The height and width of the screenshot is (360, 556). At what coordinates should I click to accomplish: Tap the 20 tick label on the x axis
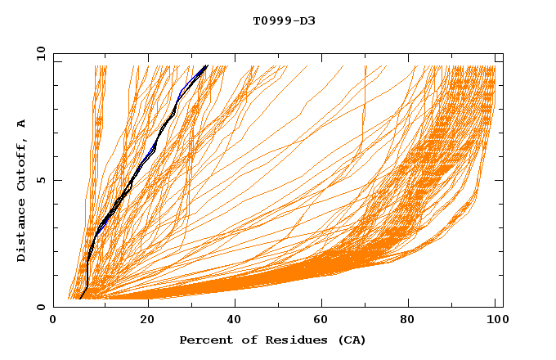(148, 321)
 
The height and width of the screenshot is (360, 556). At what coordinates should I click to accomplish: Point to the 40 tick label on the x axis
(236, 321)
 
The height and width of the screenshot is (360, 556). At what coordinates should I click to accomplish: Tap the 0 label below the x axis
(53, 321)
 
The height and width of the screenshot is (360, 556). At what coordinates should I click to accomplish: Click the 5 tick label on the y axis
(40, 180)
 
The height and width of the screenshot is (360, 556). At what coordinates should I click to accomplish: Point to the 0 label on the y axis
(40, 308)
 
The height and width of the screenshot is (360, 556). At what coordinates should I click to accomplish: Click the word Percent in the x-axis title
(204, 340)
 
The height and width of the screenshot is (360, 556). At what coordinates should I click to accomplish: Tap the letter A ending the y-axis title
(21, 124)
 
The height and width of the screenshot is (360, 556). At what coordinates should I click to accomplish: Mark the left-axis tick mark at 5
(56, 180)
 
